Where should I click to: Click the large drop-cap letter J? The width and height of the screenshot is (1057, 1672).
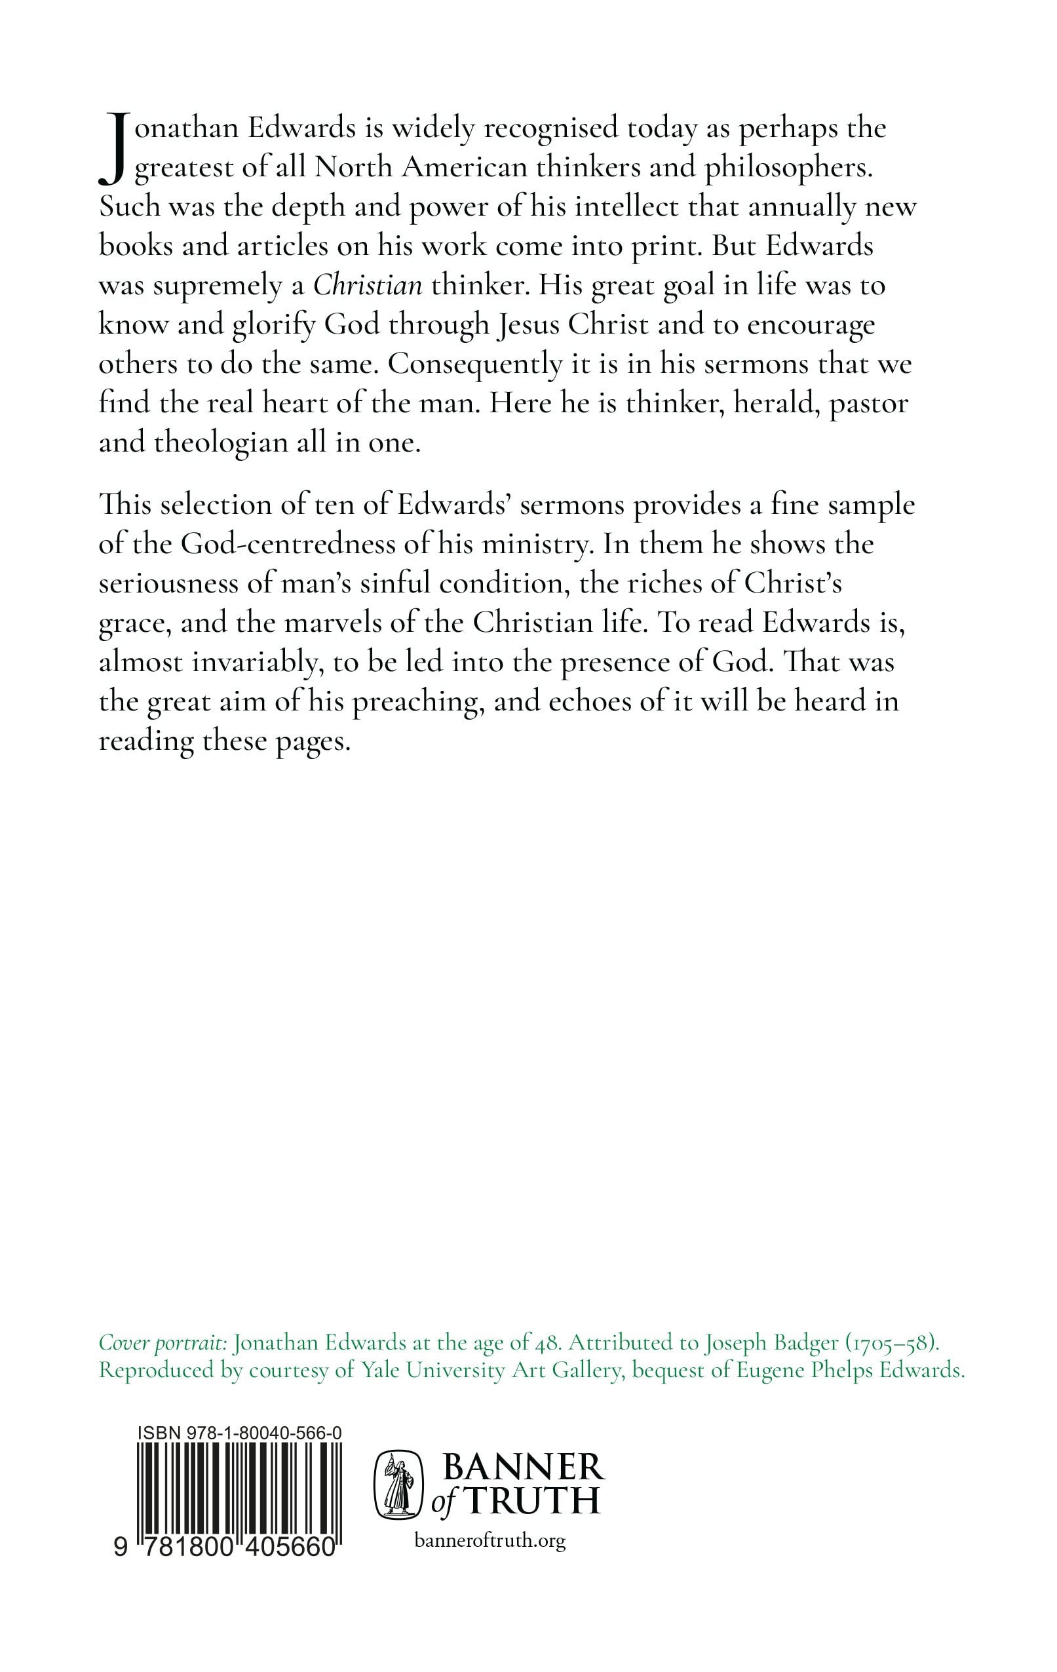click(111, 150)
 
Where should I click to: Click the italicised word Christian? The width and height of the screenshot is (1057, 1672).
click(368, 286)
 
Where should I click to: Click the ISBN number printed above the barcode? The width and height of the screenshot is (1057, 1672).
click(239, 1433)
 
